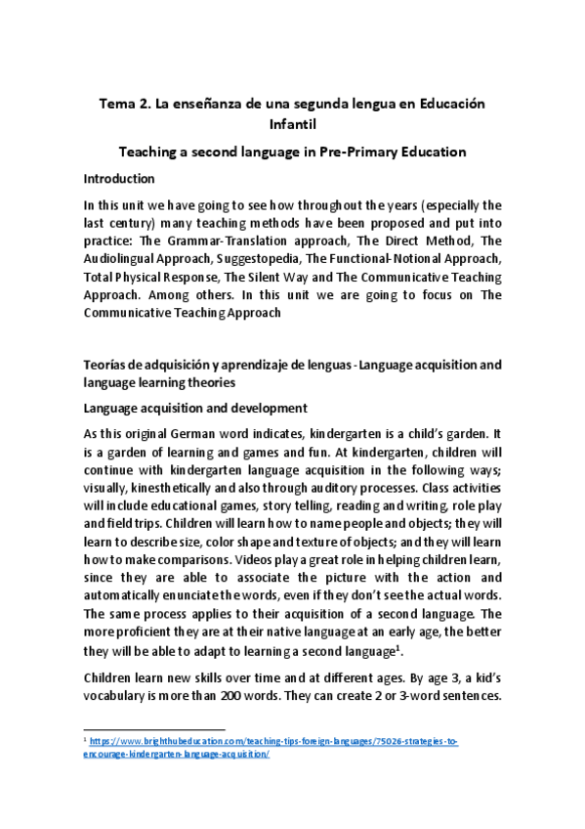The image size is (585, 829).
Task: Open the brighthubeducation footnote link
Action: [x=273, y=743]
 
